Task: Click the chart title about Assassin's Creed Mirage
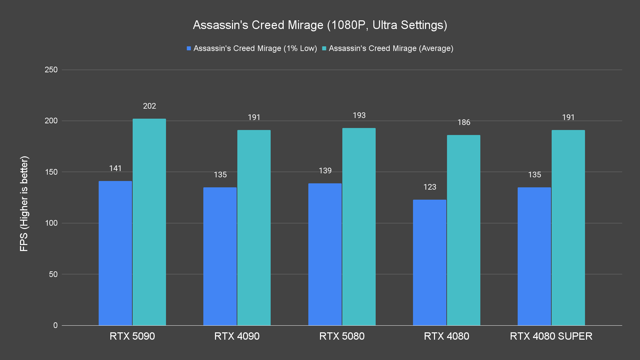(320, 25)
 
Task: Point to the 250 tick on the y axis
(51, 70)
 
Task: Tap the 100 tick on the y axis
(51, 223)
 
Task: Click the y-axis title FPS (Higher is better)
(24, 203)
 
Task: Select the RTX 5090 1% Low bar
(115, 253)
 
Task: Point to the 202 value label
(149, 106)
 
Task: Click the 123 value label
(430, 187)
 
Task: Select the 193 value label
(359, 115)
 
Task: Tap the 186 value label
(464, 122)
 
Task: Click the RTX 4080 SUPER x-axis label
(551, 336)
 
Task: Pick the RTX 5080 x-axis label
(342, 336)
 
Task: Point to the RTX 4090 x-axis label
(237, 336)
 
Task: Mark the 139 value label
(325, 171)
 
